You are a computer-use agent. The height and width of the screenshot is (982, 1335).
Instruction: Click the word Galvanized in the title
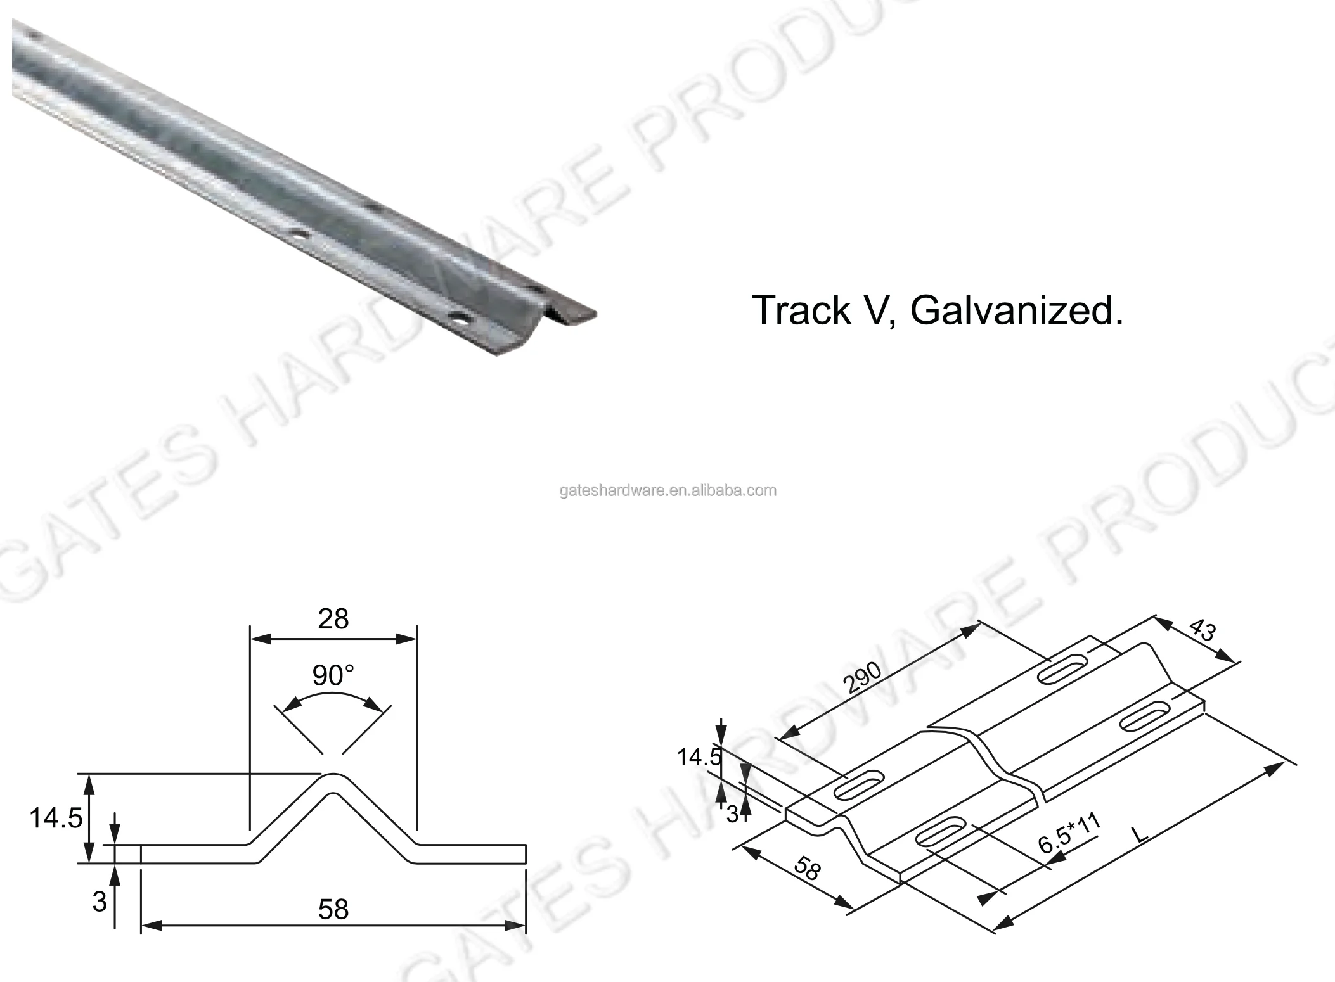(x=1016, y=311)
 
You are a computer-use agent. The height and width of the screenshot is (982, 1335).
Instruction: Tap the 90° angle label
(x=333, y=675)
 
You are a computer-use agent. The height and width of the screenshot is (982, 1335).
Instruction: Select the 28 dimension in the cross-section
(x=333, y=619)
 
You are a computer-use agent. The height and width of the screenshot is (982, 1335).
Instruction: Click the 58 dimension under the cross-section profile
(x=333, y=910)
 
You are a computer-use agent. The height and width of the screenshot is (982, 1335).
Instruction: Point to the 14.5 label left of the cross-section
(x=56, y=819)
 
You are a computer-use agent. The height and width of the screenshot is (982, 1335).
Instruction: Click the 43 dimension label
(x=1201, y=630)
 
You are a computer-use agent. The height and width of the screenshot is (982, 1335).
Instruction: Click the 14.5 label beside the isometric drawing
(x=699, y=757)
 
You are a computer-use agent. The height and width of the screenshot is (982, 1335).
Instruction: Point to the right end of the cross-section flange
(x=525, y=854)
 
